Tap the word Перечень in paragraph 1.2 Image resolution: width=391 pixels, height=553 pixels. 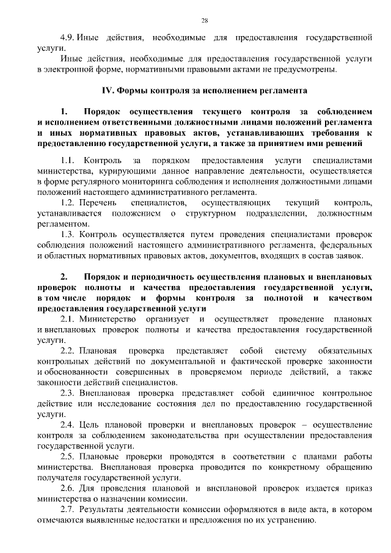pyautogui.click(x=98, y=203)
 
